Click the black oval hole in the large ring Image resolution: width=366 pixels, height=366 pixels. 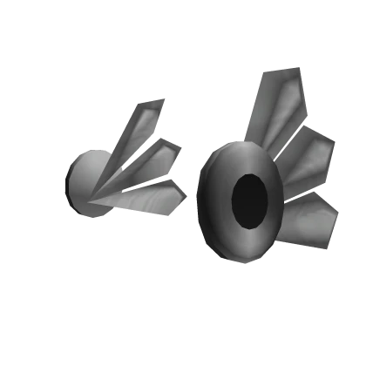pyautogui.click(x=248, y=200)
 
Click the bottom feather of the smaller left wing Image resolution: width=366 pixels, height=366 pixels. pyautogui.click(x=148, y=197)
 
